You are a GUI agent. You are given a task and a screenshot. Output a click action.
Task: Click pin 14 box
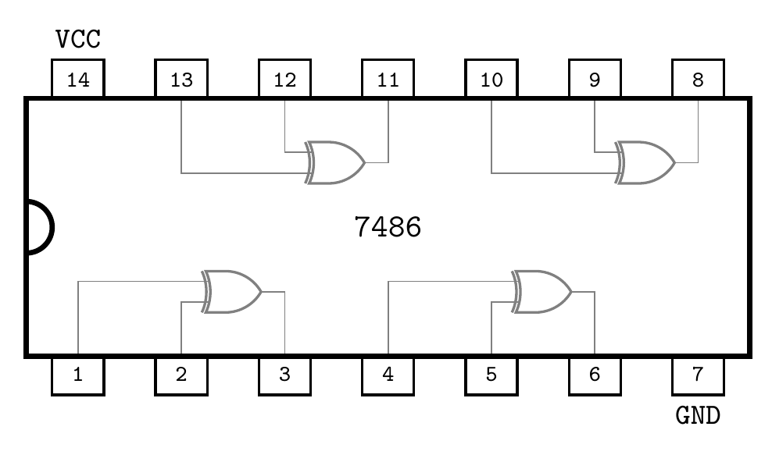coord(78,80)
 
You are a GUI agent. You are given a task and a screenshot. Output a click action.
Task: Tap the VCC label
coord(78,39)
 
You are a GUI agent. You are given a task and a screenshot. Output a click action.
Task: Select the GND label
coord(697,415)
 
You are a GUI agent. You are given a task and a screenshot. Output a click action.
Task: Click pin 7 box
coord(697,375)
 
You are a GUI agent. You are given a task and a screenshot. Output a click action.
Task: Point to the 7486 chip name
coord(388,227)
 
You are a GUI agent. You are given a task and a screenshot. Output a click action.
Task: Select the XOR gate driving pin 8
coord(646,162)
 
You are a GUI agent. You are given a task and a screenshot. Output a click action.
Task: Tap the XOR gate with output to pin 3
coord(233,292)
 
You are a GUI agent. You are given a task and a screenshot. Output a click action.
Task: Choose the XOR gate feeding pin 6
coord(542,292)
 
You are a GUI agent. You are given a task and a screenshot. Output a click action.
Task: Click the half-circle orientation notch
coord(39,227)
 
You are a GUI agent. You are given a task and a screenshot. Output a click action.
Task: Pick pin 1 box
coord(78,375)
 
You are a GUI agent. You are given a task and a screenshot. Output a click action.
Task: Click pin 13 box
coord(181,80)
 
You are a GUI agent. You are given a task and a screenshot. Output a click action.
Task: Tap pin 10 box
coord(491,80)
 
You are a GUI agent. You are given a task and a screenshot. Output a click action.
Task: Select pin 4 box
coord(388,375)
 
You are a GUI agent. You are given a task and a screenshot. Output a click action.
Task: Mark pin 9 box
coord(595,80)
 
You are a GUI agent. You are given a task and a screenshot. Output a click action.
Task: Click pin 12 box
coord(284,80)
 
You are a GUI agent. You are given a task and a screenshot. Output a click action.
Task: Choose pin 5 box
coord(491,375)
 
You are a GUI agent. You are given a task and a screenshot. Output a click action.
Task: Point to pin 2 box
coord(181,375)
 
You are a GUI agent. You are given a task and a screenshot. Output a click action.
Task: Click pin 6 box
coord(595,375)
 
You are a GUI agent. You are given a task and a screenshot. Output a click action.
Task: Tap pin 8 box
coord(697,80)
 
